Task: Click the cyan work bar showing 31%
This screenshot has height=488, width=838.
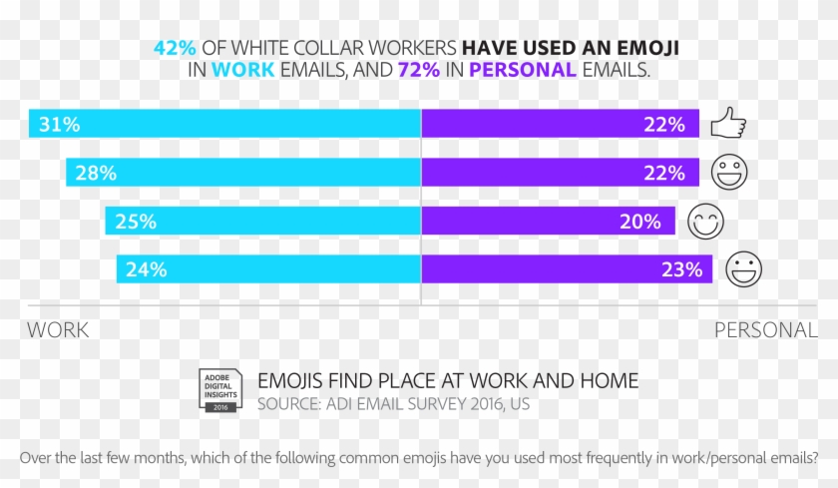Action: [224, 124]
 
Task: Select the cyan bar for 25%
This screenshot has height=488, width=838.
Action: [263, 222]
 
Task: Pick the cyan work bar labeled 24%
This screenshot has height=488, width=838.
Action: [268, 269]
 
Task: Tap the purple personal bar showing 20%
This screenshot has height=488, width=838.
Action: [548, 222]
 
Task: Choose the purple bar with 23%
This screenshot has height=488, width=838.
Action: [567, 269]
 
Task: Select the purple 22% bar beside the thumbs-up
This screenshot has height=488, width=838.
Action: [558, 124]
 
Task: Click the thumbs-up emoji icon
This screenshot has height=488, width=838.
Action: [728, 125]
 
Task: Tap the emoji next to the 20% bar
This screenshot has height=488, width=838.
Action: [705, 222]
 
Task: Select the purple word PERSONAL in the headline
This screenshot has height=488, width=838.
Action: [524, 70]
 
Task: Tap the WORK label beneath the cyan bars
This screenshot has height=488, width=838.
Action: [58, 330]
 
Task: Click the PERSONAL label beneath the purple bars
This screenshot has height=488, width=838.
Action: [765, 330]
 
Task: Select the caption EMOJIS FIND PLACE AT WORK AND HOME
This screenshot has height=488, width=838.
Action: [448, 381]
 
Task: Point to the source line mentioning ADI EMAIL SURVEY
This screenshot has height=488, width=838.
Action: [393, 404]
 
